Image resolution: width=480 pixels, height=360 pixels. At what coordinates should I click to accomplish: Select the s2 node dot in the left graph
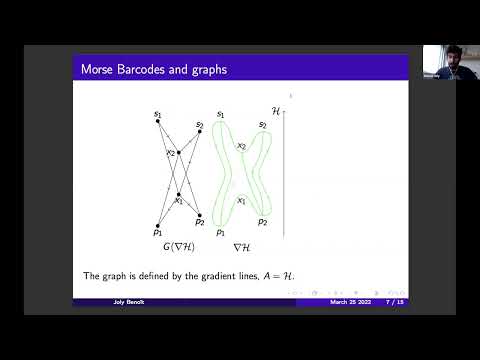[x=200, y=133]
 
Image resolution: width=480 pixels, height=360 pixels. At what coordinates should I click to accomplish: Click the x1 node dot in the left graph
[x=178, y=194]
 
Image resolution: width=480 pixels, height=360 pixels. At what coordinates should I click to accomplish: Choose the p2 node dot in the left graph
[x=200, y=214]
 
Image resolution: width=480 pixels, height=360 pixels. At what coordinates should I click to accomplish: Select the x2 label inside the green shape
[x=241, y=147]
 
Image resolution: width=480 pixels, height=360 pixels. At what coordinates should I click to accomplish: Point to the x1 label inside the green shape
[x=241, y=200]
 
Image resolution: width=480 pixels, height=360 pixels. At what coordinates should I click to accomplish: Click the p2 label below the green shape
[x=262, y=221]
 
